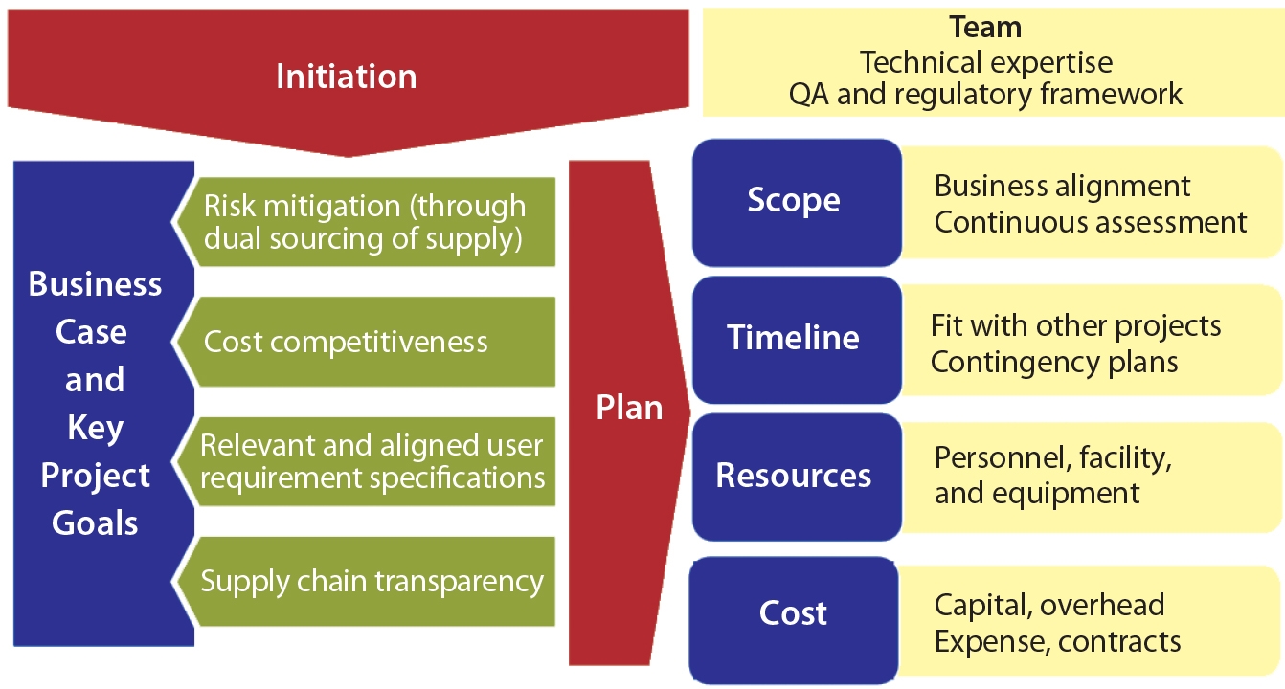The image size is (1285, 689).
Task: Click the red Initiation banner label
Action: [346, 77]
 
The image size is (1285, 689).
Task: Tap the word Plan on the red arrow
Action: [629, 408]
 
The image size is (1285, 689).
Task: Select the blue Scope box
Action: [794, 201]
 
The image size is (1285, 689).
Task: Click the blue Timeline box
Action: [794, 338]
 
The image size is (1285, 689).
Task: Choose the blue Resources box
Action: [794, 476]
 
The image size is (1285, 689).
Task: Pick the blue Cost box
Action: [794, 613]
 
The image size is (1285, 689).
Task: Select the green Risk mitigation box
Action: [365, 222]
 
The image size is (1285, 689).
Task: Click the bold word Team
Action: [985, 27]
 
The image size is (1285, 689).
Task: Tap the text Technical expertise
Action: [986, 62]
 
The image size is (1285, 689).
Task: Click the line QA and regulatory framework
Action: [986, 94]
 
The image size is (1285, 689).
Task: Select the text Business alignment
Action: [1063, 186]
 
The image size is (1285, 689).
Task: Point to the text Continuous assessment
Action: [1091, 222]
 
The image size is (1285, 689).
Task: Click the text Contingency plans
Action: [1054, 362]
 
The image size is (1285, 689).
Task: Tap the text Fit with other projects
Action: [1075, 326]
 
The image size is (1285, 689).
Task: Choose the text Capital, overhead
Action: [1049, 605]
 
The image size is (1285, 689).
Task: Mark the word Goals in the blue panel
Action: [95, 523]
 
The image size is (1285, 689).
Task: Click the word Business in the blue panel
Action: [95, 284]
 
